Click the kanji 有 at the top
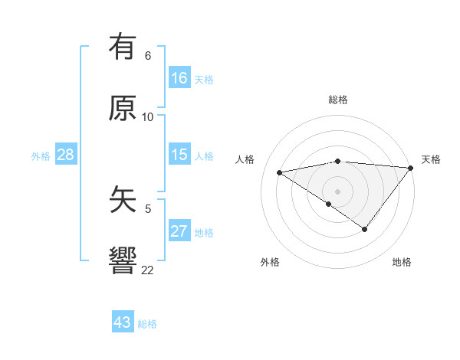(123, 48)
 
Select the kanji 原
(123, 108)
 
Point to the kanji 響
(123, 260)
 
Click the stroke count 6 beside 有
(148, 56)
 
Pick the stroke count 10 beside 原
(148, 117)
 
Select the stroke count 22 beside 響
(148, 270)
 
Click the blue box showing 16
(179, 78)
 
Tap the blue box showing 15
(179, 155)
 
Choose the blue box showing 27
(179, 231)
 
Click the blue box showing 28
(66, 155)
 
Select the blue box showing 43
(123, 322)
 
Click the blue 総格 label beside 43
(147, 324)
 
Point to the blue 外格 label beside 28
(41, 156)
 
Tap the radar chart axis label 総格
(338, 100)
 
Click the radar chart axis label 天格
(431, 159)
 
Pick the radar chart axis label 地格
(402, 262)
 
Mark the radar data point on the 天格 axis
(411, 167)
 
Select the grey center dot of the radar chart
(338, 191)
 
